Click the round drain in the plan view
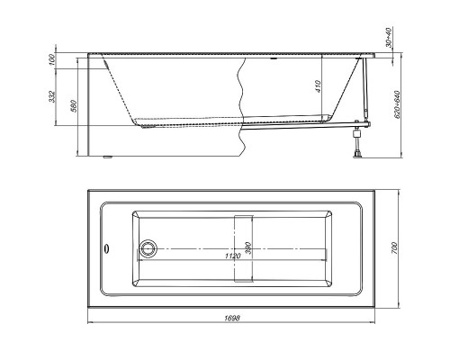pos(148,247)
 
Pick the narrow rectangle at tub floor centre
pos(244,247)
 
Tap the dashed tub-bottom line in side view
pos(180,121)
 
